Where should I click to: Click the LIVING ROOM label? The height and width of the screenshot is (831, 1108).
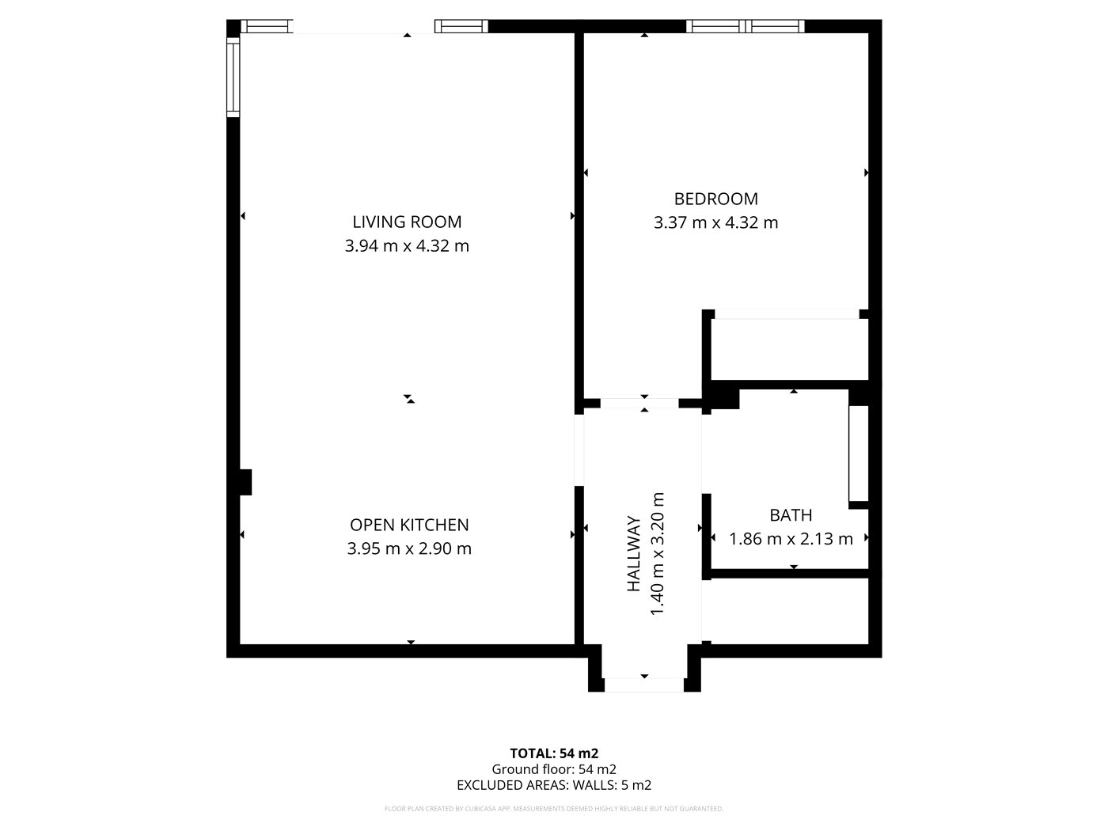click(x=407, y=222)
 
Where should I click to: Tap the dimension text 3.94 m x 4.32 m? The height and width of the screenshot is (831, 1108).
click(x=407, y=246)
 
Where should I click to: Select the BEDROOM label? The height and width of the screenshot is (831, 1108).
click(x=715, y=199)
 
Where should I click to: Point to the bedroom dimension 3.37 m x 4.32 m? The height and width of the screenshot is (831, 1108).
click(x=715, y=223)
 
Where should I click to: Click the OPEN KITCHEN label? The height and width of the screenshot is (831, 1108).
click(x=409, y=525)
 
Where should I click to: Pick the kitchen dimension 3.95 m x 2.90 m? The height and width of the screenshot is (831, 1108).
click(x=409, y=548)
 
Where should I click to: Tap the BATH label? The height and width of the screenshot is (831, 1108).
click(x=791, y=515)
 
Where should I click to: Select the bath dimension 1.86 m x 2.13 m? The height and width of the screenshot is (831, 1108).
click(x=791, y=539)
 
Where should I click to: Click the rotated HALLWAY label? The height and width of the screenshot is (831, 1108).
click(x=634, y=554)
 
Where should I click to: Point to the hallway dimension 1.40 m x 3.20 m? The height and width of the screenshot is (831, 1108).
click(x=656, y=554)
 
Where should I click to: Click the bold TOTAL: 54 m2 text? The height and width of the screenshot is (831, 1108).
click(x=554, y=753)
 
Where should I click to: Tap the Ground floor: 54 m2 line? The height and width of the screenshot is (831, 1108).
click(x=554, y=769)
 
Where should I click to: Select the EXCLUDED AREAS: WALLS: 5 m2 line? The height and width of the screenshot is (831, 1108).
click(x=554, y=785)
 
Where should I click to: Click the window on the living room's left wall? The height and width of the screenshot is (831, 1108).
click(x=233, y=77)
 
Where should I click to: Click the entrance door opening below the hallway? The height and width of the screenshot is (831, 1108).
click(x=643, y=684)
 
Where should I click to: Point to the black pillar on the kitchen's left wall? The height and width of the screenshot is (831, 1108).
click(x=245, y=482)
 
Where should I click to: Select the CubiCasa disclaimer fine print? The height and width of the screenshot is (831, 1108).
click(x=554, y=809)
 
